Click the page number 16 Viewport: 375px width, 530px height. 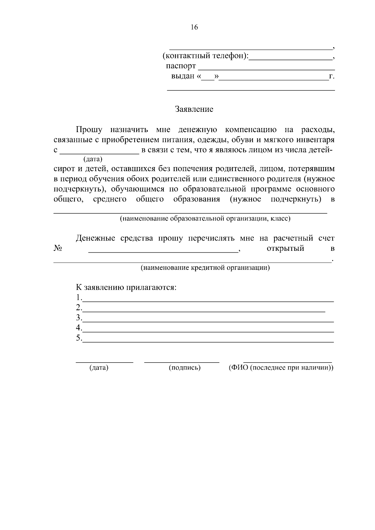point(194,27)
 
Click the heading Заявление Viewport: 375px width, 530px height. point(194,109)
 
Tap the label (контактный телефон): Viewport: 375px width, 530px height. point(206,56)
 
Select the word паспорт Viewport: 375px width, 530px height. point(181,66)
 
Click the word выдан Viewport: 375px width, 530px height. point(183,76)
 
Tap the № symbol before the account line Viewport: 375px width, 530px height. point(58,249)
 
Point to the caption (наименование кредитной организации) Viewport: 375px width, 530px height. point(205,268)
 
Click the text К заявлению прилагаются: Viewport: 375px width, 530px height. point(126,287)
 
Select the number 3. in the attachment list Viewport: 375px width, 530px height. point(79,318)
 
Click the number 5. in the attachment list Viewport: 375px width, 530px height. point(79,338)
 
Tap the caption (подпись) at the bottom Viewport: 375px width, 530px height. point(184,368)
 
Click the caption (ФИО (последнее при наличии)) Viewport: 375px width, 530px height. point(281,368)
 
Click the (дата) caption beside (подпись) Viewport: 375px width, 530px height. point(99,368)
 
